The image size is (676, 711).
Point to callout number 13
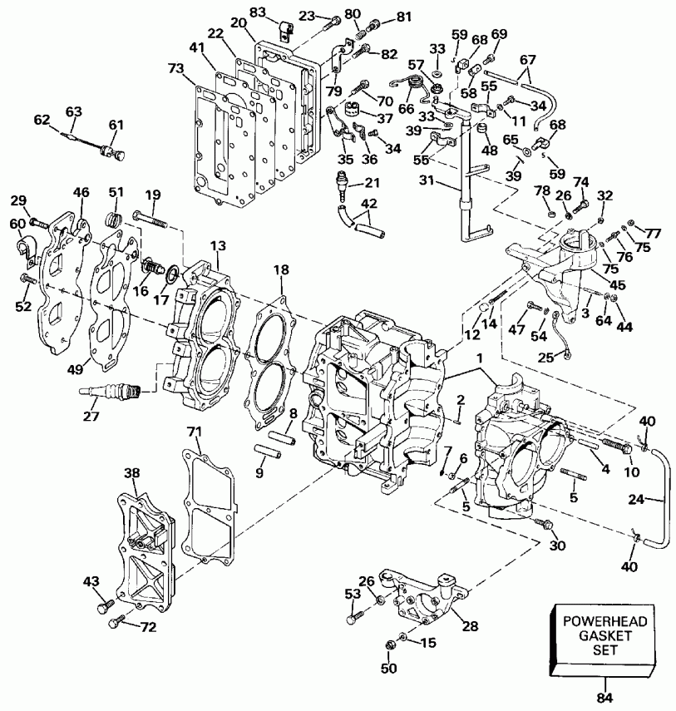point(217,246)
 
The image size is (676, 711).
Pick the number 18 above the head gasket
point(282,271)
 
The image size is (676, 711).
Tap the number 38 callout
point(132,472)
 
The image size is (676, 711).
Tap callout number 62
point(41,119)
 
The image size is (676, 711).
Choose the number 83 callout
point(258,12)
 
